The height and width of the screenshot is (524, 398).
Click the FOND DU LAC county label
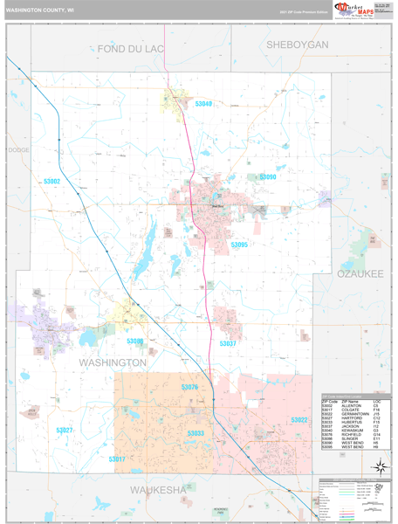click(x=131, y=48)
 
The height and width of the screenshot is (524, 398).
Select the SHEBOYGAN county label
click(x=297, y=45)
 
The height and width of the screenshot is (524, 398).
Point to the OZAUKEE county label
click(x=360, y=273)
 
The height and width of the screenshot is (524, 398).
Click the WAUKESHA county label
click(x=158, y=490)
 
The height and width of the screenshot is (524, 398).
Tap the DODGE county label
click(x=18, y=150)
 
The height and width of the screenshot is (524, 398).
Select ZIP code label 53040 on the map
click(x=203, y=104)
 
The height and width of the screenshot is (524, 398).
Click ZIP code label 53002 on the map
click(x=51, y=182)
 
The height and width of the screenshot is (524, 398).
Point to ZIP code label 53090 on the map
click(x=267, y=176)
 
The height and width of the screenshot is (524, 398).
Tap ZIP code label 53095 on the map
click(x=239, y=245)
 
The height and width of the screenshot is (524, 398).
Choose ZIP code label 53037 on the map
click(x=227, y=343)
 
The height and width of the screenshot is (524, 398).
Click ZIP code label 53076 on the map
click(x=189, y=387)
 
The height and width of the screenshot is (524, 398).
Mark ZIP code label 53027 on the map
click(x=65, y=430)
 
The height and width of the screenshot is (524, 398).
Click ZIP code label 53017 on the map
click(x=117, y=458)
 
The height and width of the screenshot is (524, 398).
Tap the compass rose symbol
click(x=378, y=467)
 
